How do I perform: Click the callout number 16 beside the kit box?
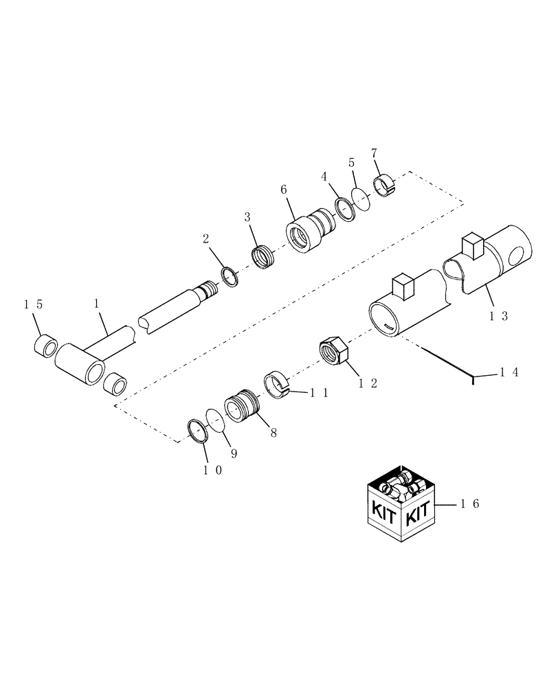[x=470, y=504]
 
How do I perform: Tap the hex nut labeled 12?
[x=335, y=351]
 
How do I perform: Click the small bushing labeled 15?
[x=46, y=344]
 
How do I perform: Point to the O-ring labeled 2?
[x=230, y=277]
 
